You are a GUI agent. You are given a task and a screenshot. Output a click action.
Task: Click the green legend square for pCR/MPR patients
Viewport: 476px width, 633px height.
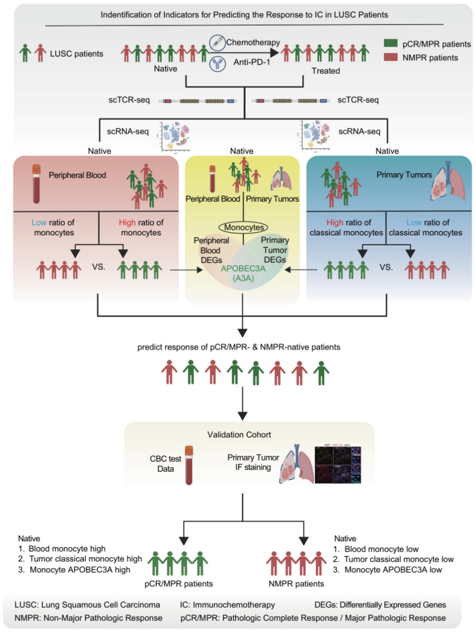(x=391, y=44)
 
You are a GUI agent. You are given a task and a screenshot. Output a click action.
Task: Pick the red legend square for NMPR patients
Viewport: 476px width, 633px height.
(x=391, y=58)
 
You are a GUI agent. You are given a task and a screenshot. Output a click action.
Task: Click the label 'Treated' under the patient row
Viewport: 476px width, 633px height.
(x=326, y=70)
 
